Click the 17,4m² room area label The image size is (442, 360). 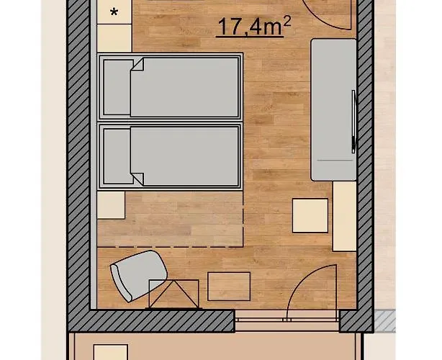pyautogui.click(x=254, y=27)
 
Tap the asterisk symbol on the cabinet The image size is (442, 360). pyautogui.click(x=114, y=12)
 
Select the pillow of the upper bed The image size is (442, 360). pyautogui.click(x=118, y=87)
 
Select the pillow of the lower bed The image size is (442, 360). pyautogui.click(x=118, y=156)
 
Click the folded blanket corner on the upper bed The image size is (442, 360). pyautogui.click(x=138, y=65)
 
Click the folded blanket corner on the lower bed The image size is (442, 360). pyautogui.click(x=138, y=179)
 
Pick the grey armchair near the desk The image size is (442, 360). pyautogui.click(x=138, y=276)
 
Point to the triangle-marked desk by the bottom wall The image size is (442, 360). pyautogui.click(x=174, y=294)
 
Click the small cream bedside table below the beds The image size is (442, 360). pyautogui.click(x=111, y=205)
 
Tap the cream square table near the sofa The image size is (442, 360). pyautogui.click(x=310, y=216)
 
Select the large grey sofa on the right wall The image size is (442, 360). pyautogui.click(x=334, y=110)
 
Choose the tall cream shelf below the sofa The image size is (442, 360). pyautogui.click(x=345, y=216)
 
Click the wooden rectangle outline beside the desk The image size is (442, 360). pyautogui.click(x=229, y=287)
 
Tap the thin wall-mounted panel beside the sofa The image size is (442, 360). pyautogui.click(x=353, y=122)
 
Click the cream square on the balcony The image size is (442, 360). pyautogui.click(x=111, y=352)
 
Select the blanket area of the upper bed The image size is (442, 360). pyautogui.click(x=184, y=87)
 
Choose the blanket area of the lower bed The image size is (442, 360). pyautogui.click(x=184, y=156)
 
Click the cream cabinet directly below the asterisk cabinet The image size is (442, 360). pyautogui.click(x=114, y=38)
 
